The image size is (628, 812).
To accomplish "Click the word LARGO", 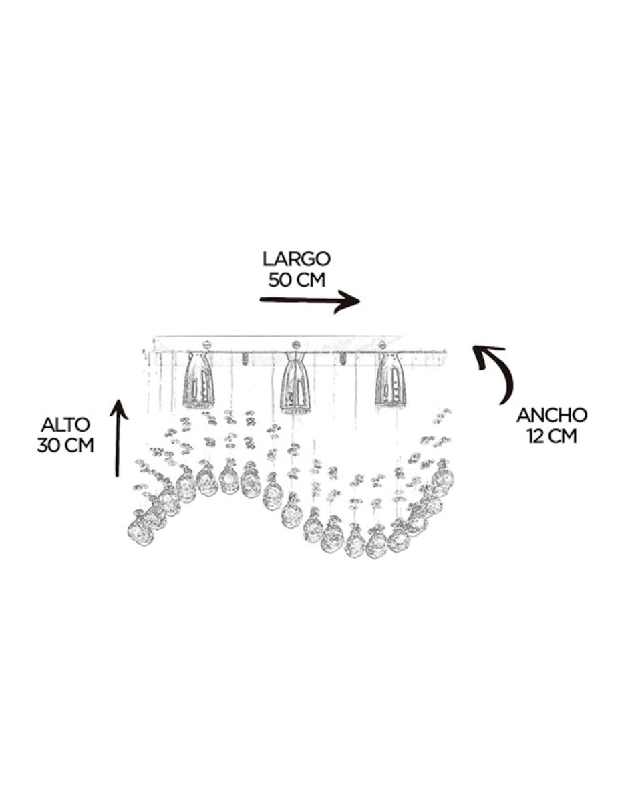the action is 296,259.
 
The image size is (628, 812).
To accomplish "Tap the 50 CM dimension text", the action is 297,279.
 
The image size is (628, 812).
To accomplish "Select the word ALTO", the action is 65,424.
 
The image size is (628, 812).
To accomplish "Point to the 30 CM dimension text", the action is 65,445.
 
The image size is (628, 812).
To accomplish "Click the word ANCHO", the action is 552,415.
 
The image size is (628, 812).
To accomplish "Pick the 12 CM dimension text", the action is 552,436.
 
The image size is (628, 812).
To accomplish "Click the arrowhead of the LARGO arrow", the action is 349,301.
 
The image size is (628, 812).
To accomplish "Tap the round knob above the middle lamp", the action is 296,344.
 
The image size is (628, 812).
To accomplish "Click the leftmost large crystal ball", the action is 141,531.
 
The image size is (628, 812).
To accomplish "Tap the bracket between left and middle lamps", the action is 245,359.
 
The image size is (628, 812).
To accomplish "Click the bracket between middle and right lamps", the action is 343,359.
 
